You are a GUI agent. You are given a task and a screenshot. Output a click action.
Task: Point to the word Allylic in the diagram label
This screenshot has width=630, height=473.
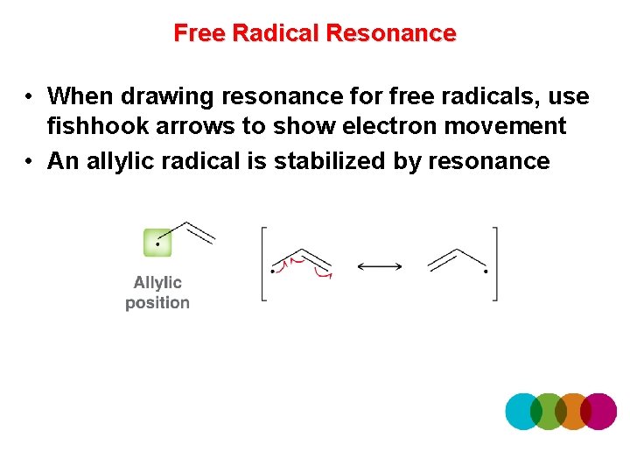(157, 282)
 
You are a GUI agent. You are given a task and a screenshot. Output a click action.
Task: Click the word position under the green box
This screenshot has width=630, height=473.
(157, 303)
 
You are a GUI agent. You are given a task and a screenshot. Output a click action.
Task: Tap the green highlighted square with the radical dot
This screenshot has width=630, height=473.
(157, 243)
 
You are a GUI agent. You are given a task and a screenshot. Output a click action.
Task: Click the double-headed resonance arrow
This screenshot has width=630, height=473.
(379, 265)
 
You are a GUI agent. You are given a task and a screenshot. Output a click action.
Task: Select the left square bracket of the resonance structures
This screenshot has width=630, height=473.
(263, 264)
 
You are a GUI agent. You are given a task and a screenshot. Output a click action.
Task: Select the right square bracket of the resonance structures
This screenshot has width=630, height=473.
(495, 264)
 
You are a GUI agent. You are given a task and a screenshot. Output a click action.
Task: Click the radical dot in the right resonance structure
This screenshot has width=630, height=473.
(486, 272)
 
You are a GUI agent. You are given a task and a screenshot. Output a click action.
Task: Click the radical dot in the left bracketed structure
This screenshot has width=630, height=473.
(273, 272)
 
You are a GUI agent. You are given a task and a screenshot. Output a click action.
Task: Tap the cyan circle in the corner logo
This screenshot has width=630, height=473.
(523, 411)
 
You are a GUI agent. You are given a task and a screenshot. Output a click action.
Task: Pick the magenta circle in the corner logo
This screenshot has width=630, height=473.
(599, 411)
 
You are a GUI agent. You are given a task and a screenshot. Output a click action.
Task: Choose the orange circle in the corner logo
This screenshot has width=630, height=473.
(573, 411)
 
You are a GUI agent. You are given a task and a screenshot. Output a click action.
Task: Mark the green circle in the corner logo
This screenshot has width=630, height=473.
(549, 411)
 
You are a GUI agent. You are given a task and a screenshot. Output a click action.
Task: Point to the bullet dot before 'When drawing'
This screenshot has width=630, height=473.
(29, 95)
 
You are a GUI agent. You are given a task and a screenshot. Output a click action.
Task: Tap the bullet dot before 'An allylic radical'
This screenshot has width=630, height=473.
(29, 161)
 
